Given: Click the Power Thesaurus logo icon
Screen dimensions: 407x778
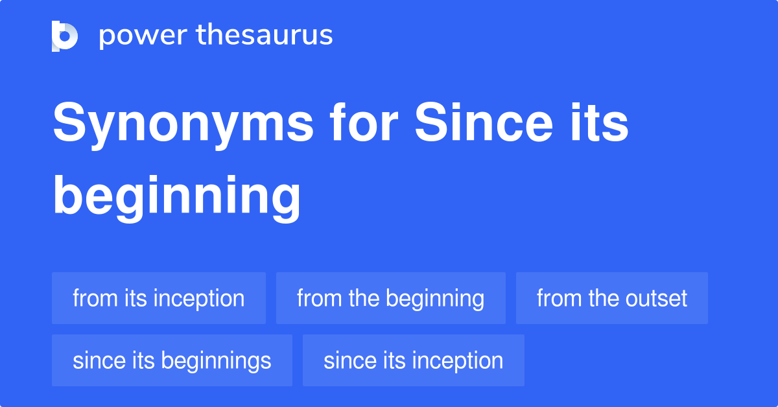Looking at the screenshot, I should click(65, 36).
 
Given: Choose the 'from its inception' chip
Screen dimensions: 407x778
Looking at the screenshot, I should click(159, 298).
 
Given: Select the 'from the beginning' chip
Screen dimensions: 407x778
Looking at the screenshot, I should click(390, 298).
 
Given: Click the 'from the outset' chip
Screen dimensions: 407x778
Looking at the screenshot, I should click(611, 298).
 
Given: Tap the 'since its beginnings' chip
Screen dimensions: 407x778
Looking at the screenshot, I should click(172, 360).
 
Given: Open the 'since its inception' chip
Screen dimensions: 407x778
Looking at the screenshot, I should click(413, 360).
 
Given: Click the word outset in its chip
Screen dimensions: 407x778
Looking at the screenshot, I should click(656, 298).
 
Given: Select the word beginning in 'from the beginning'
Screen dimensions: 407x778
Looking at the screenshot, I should click(435, 298).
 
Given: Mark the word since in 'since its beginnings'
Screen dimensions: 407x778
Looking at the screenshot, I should click(92, 360).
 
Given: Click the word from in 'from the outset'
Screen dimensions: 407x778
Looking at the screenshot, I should click(558, 298).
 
